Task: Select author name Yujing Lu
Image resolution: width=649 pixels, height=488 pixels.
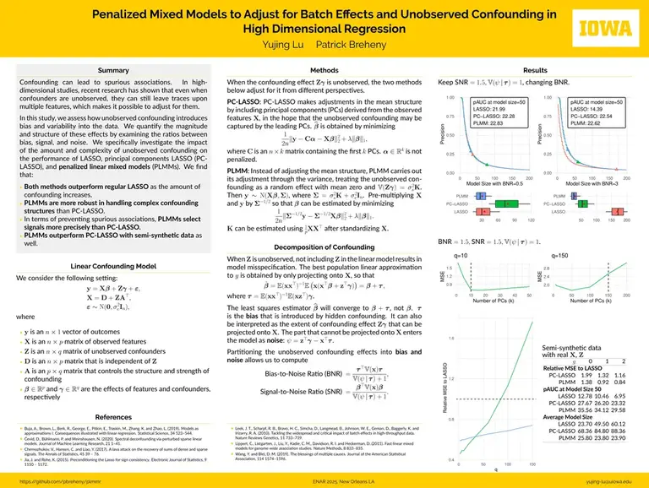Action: tap(291, 41)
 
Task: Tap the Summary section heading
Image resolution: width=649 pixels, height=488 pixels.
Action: tap(113, 70)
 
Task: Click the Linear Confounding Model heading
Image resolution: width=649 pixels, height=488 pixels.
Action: tap(113, 266)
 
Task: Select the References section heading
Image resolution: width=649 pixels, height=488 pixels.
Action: tap(113, 417)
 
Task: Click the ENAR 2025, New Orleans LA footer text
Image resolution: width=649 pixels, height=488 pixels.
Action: tap(324, 481)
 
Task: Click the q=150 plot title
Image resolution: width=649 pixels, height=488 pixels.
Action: tap(558, 253)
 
